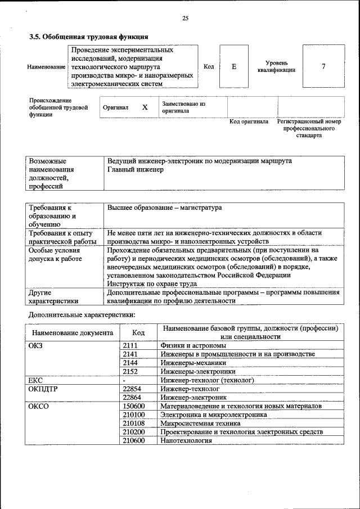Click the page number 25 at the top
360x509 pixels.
point(185,19)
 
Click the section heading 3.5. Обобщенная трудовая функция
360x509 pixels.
point(88,37)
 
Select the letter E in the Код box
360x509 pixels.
point(234,67)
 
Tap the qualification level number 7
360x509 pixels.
point(323,67)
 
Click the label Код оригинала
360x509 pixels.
point(249,121)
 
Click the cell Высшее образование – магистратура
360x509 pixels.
point(164,208)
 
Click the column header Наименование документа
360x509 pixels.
point(73,333)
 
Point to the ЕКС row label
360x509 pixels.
point(35,380)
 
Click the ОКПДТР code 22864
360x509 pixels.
point(132,397)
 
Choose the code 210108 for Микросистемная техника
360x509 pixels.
point(133,423)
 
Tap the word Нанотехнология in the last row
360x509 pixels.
point(186,440)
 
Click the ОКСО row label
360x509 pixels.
point(38,406)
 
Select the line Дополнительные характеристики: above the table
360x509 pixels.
point(82,314)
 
